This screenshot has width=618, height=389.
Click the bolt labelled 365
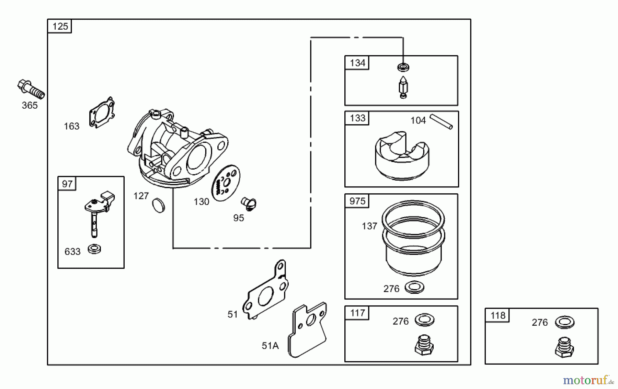point(31,89)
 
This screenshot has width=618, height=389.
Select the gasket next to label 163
point(102,112)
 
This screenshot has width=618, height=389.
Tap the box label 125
point(60,26)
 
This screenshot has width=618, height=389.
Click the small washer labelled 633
point(94,249)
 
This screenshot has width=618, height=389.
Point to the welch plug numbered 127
point(158,205)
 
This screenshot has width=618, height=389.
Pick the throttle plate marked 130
point(226,183)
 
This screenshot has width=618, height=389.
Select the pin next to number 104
point(441,122)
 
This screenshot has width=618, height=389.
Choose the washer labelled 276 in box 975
point(414,287)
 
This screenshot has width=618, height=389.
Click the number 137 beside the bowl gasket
point(369,226)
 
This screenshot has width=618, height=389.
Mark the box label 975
point(357,201)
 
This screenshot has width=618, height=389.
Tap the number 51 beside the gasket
point(232,314)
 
